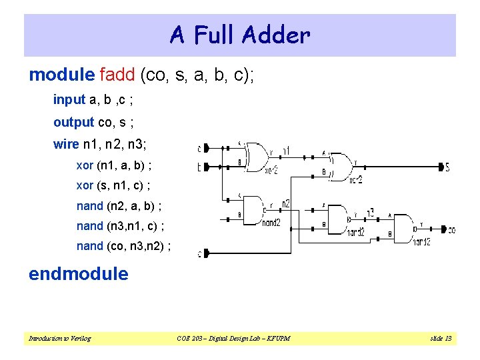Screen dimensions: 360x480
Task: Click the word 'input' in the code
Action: [69, 100]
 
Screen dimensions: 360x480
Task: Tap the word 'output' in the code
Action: [73, 122]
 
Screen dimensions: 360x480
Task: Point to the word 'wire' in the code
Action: [65, 144]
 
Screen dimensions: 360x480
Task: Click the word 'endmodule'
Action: [78, 274]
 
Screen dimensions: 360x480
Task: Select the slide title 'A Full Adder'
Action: [240, 35]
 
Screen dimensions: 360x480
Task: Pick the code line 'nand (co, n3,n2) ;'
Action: [124, 246]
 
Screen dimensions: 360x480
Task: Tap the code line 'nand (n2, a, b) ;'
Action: [119, 206]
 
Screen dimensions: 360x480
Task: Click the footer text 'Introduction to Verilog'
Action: [59, 339]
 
